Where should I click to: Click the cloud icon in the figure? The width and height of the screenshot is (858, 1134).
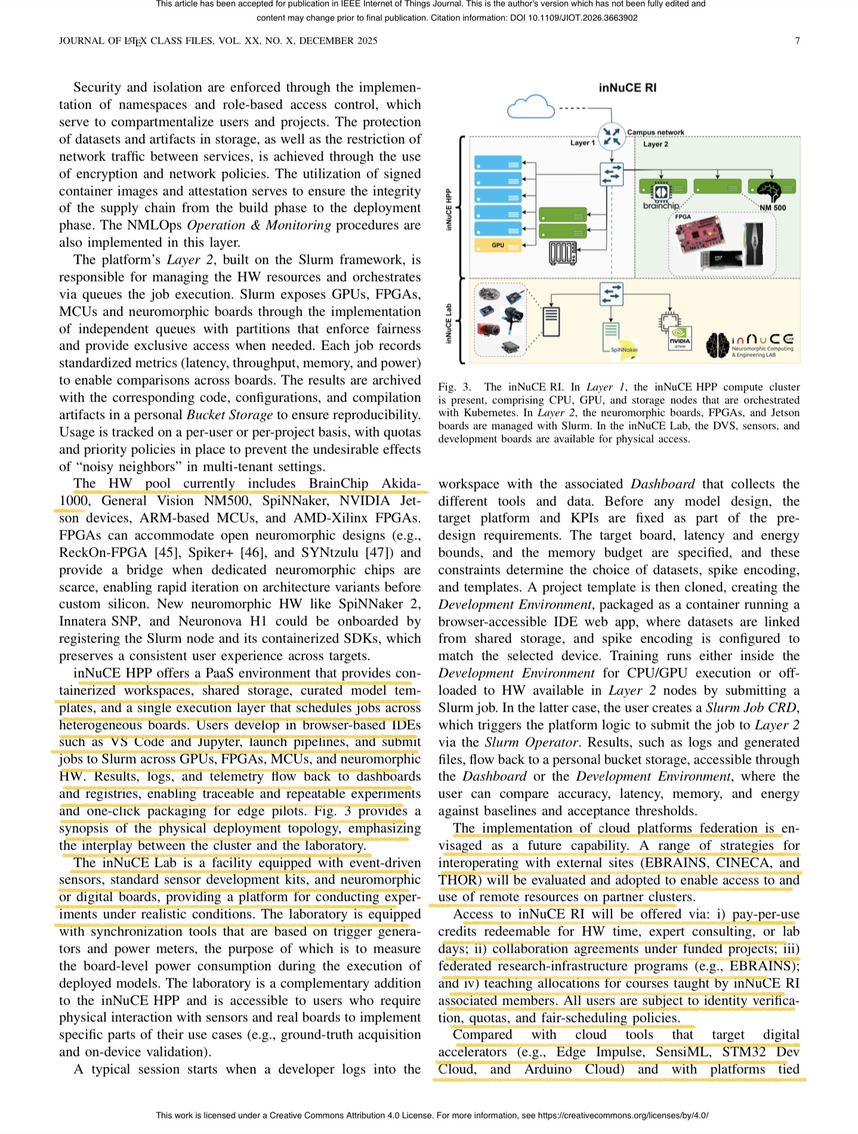530,107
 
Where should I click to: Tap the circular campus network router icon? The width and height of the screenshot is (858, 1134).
612,136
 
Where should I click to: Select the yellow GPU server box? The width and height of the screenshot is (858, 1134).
498,245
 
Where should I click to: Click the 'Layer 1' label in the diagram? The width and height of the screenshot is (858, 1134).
582,143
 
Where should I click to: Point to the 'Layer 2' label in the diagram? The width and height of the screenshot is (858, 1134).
655,144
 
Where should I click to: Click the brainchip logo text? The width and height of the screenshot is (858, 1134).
661,206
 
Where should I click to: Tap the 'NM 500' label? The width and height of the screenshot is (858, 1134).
773,208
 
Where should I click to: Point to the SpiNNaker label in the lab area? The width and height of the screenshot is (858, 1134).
624,350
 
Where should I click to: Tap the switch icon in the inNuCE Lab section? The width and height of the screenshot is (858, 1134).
611,293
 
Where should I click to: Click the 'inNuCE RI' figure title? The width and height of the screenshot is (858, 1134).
627,88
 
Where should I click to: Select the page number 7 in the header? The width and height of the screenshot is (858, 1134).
797,41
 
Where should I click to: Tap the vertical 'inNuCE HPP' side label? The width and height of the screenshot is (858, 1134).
449,209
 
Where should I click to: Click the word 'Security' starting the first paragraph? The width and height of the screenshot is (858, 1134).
97,87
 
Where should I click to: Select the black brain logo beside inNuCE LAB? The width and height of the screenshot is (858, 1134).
717,345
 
